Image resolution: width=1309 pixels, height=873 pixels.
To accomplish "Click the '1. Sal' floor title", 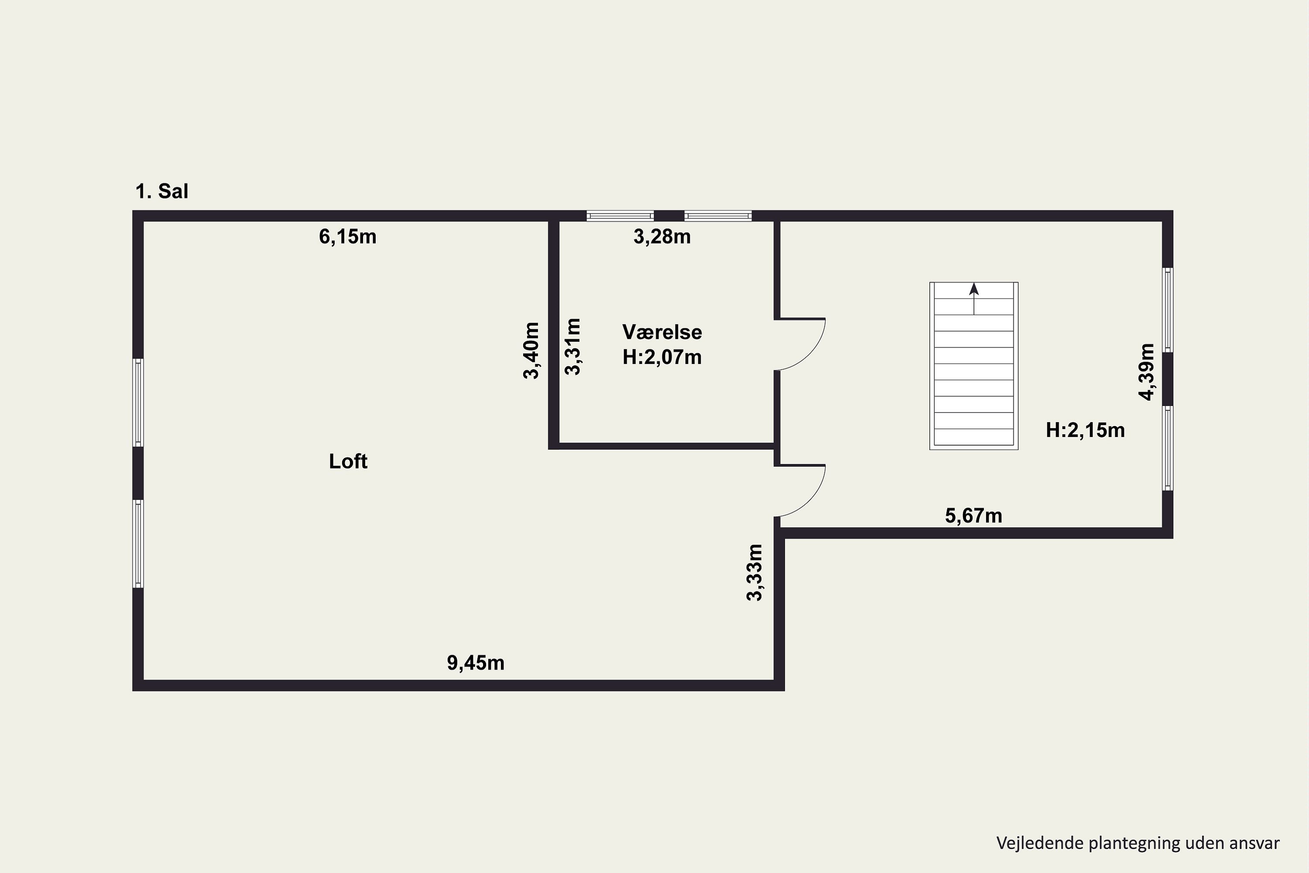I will click(x=161, y=192).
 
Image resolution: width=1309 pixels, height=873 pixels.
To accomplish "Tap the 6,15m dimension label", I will click(x=347, y=237).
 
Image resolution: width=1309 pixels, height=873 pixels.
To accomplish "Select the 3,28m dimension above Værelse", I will click(x=662, y=237).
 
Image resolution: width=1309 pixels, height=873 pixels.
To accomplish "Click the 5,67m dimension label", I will click(x=973, y=516).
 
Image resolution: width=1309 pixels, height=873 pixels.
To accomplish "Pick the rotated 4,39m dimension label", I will click(x=1147, y=372).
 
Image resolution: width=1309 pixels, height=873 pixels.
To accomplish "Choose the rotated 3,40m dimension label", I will click(x=531, y=351).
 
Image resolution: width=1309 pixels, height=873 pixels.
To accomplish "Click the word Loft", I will click(x=348, y=461).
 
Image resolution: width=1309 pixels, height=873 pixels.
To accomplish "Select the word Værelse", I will click(x=662, y=332).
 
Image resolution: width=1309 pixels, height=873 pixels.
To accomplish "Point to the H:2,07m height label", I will click(x=662, y=357).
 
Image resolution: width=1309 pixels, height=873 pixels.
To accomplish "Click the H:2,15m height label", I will click(x=1085, y=430).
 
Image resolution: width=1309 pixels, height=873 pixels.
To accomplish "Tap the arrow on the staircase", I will click(x=974, y=298).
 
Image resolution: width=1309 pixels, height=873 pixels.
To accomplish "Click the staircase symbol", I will click(x=974, y=378).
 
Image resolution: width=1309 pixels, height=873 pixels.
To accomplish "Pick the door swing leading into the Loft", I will click(x=802, y=491).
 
